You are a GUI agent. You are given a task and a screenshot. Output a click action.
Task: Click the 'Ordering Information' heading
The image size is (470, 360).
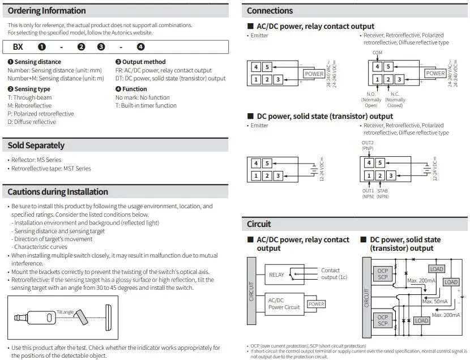[47, 11]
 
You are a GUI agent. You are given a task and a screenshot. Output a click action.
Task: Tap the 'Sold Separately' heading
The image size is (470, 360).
[36, 145]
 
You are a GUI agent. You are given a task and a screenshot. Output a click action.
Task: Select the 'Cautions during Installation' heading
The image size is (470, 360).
[58, 191]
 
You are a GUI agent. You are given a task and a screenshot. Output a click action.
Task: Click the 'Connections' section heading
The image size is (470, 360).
[270, 11]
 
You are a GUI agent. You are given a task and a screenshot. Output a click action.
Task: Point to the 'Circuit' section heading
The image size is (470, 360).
[259, 224]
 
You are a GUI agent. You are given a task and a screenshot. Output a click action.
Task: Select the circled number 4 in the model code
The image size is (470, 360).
[140, 47]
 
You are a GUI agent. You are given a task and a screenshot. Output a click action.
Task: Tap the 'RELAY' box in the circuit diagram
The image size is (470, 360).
[277, 275]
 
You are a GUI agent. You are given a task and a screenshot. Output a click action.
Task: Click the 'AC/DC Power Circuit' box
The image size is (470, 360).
[284, 304]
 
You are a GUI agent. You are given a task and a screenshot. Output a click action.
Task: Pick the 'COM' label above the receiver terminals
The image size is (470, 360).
[377, 53]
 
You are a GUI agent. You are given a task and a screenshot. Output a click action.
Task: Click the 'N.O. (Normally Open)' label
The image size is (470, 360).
[371, 99]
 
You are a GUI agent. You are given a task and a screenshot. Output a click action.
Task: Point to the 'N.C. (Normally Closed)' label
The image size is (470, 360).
[394, 99]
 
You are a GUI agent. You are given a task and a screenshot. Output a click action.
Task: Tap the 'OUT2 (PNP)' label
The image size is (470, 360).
[368, 145]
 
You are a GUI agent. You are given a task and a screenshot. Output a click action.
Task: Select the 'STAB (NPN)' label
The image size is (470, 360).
[383, 194]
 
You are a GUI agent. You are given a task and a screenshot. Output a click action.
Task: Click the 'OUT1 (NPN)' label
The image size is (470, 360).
[368, 194]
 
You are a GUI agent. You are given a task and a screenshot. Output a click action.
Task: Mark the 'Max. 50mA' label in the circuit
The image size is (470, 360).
[435, 301]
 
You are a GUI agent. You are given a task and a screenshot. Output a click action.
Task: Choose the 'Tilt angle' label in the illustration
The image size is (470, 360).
[66, 311]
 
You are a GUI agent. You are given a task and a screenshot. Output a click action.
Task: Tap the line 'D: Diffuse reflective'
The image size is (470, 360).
[32, 122]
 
